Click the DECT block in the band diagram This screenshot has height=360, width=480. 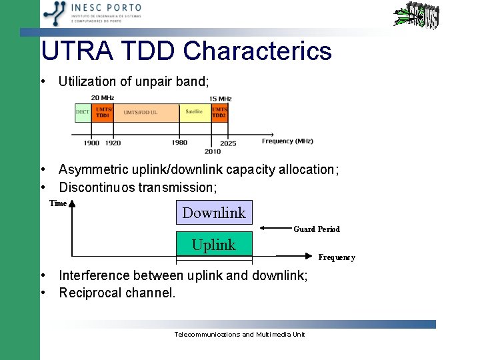[x=83, y=112]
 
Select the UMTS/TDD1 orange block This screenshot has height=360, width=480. [x=103, y=112]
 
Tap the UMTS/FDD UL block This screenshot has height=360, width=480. [x=141, y=112]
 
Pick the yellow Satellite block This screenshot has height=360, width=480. [x=194, y=112]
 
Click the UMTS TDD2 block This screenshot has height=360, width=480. [x=219, y=112]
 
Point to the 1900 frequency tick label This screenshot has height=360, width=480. [x=91, y=143]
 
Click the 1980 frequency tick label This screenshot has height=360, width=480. [x=179, y=143]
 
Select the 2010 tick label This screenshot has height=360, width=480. [x=213, y=151]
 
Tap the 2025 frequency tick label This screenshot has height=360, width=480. [x=228, y=143]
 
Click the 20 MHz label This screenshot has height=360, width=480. [x=103, y=99]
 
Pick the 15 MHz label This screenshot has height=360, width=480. [x=221, y=99]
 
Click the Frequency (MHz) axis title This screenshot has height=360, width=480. [x=287, y=141]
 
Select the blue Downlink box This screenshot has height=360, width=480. [x=214, y=213]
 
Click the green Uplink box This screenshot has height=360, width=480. [x=214, y=245]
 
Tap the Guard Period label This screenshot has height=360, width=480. [x=317, y=229]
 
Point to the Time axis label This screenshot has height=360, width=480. [x=58, y=203]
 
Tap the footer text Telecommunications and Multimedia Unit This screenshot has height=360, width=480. [x=239, y=334]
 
